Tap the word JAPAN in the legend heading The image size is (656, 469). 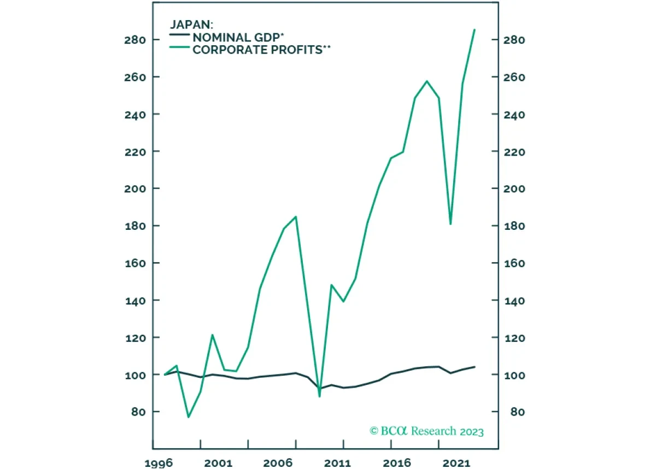[x=189, y=25]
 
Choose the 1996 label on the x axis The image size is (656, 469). [x=158, y=463]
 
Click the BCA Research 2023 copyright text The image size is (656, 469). [x=426, y=431]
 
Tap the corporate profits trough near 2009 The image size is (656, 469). [x=319, y=396]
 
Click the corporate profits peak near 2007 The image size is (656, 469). [x=296, y=217]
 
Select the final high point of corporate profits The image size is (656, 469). [x=474, y=29]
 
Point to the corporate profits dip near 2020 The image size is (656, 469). [x=450, y=224]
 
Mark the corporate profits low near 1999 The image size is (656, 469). [x=189, y=417]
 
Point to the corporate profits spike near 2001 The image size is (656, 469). [x=212, y=335]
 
